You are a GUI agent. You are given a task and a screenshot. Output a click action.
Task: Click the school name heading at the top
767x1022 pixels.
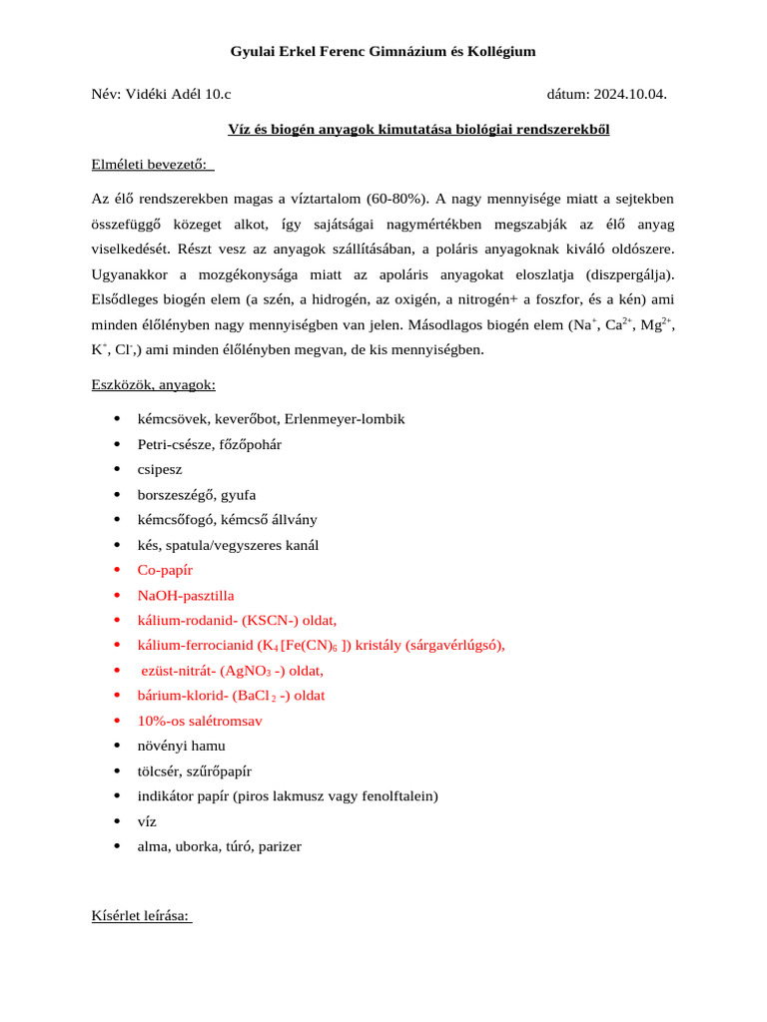pos(383,51)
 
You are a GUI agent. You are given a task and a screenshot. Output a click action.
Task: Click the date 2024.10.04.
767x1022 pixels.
pos(629,95)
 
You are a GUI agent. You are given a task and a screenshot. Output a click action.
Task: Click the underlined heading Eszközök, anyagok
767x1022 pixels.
pos(153,384)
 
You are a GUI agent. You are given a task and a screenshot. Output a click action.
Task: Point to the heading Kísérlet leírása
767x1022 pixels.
pos(141,916)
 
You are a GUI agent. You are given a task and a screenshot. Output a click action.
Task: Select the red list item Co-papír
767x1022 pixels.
pos(165,570)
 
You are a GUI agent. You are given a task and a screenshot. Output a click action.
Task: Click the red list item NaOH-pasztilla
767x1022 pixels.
pos(186,595)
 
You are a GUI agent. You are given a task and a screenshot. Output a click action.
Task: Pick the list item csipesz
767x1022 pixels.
pos(160,469)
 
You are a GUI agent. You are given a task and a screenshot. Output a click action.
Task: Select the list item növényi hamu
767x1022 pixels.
pos(181,746)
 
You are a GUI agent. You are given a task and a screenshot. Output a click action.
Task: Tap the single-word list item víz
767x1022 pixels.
pos(147,821)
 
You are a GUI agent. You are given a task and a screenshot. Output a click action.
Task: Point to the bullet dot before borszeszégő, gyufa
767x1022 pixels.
pos(117,495)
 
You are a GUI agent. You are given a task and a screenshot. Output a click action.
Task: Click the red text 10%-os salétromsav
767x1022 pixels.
pos(200,721)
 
